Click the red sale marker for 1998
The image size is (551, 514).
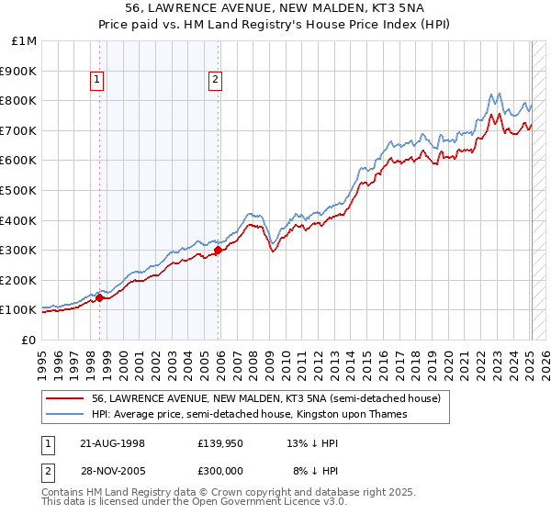(99, 296)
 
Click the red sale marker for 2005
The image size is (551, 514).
(218, 250)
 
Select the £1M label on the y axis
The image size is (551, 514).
(25, 40)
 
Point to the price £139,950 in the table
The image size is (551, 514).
(219, 442)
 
